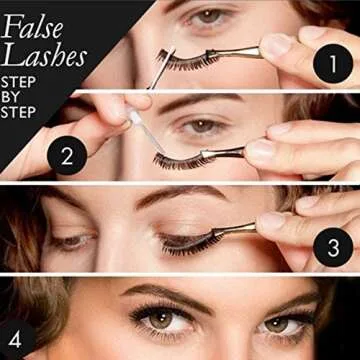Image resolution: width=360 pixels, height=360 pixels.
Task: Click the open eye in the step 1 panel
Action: click(x=209, y=17)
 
